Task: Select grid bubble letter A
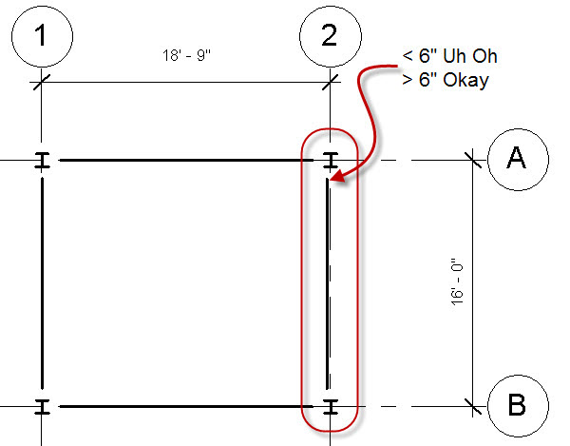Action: [x=517, y=159]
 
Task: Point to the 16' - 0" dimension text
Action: [x=457, y=281]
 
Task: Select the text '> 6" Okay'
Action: [x=445, y=80]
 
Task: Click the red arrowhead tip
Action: [x=332, y=177]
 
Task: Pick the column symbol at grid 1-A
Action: [x=41, y=161]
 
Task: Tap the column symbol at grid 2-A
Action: [x=330, y=161]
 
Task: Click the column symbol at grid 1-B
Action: [x=41, y=408]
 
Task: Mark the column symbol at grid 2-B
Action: [x=330, y=408]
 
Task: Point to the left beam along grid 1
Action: [x=41, y=284]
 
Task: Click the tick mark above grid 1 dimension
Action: [x=41, y=84]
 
